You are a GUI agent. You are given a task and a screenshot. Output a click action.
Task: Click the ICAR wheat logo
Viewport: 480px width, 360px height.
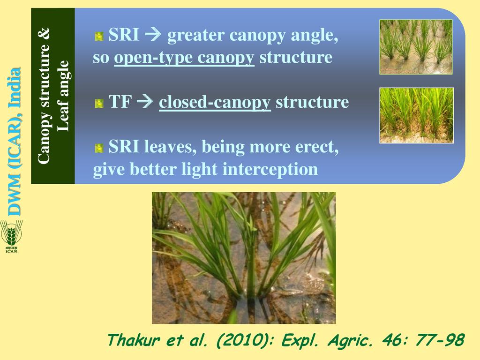pyautogui.click(x=12, y=236)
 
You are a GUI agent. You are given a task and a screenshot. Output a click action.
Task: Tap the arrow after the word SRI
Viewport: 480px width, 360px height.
pyautogui.click(x=153, y=34)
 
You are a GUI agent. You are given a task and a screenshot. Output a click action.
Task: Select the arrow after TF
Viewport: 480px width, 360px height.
pyautogui.click(x=145, y=102)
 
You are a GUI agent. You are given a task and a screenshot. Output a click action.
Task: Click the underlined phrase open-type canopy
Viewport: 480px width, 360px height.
pyautogui.click(x=184, y=57)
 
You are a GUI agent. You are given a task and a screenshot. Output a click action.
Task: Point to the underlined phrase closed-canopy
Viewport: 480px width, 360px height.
pyautogui.click(x=215, y=102)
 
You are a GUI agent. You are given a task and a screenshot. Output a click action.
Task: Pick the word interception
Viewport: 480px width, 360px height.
pyautogui.click(x=270, y=169)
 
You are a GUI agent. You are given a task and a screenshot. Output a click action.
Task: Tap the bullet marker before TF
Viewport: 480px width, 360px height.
pyautogui.click(x=99, y=103)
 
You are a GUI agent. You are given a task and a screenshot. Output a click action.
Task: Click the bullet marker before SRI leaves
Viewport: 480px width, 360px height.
pyautogui.click(x=99, y=148)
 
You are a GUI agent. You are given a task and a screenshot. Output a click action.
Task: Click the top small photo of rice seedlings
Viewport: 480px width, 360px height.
pyautogui.click(x=416, y=47)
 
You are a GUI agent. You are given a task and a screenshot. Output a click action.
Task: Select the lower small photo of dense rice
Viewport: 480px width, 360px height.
pyautogui.click(x=416, y=115)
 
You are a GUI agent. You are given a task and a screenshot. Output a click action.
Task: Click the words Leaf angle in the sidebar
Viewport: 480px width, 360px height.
pyautogui.click(x=63, y=96)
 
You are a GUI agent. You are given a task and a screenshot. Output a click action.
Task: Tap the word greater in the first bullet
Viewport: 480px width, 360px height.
pyautogui.click(x=195, y=36)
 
